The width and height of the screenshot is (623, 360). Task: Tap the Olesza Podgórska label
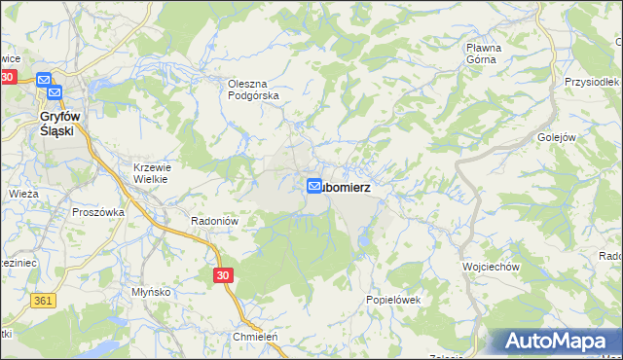253,90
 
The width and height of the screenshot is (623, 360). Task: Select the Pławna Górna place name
482,53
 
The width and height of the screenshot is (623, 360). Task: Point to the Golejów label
557,137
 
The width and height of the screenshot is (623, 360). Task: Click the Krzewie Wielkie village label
151,172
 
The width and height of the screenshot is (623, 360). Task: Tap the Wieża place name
23,194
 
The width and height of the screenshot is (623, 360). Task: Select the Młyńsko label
151,291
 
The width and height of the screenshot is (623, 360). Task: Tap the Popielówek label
392,300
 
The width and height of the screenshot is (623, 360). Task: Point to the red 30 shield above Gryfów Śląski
9,77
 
